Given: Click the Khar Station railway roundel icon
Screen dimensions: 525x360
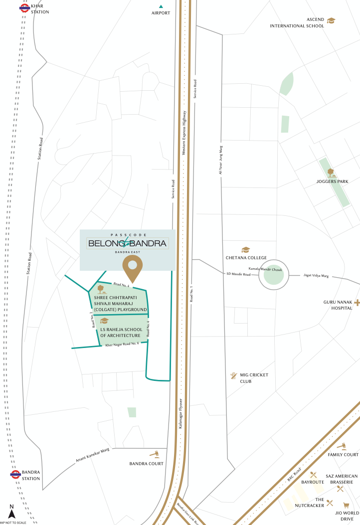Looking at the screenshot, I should (x=23, y=7).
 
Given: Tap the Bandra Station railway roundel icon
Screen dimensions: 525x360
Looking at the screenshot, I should (x=15, y=475).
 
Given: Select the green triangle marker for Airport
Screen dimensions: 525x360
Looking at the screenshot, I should (x=161, y=6).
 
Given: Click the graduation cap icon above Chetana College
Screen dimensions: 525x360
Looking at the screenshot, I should (x=245, y=250).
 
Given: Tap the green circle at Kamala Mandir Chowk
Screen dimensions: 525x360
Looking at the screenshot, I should (x=273, y=275).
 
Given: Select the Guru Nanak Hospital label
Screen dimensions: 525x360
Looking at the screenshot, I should (x=330, y=305).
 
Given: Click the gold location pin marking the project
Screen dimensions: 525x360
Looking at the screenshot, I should (x=133, y=270).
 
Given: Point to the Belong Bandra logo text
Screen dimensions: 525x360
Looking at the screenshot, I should (x=127, y=243).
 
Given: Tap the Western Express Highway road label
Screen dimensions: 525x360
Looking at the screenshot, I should (x=184, y=134).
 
